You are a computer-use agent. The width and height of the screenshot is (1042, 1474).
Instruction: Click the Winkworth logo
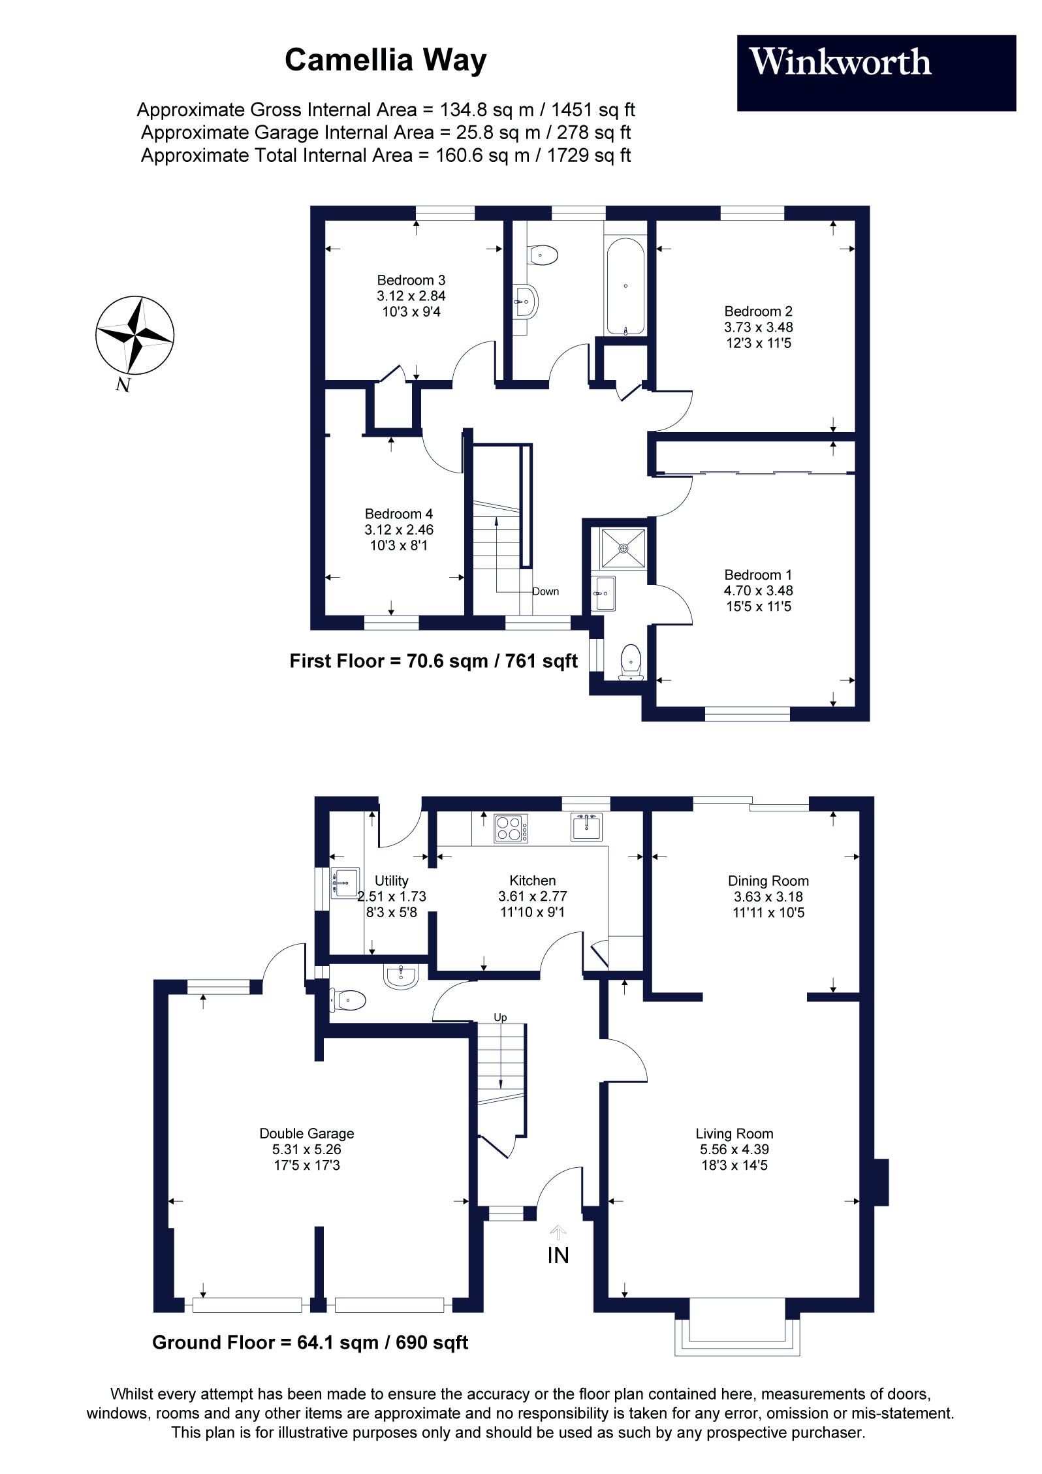pyautogui.click(x=840, y=63)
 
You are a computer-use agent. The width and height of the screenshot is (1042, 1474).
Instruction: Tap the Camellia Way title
pyautogui.click(x=385, y=61)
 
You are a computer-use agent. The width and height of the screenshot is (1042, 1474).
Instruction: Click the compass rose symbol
pyautogui.click(x=135, y=335)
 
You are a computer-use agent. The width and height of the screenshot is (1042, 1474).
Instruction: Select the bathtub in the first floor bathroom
pyautogui.click(x=625, y=287)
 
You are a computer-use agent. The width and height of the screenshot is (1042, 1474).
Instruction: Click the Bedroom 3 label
pyautogui.click(x=411, y=280)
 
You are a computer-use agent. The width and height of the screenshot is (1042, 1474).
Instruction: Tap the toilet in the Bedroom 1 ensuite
pyautogui.click(x=631, y=661)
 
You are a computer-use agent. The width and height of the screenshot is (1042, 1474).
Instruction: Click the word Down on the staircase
pyautogui.click(x=545, y=591)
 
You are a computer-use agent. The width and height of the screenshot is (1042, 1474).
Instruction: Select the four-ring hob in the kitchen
pyautogui.click(x=511, y=828)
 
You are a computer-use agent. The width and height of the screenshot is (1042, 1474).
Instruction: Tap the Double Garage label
pyautogui.click(x=307, y=1134)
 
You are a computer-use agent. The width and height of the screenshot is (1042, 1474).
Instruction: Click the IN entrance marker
pyautogui.click(x=558, y=1255)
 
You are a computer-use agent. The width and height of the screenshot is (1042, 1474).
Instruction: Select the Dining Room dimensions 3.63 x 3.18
pyautogui.click(x=768, y=897)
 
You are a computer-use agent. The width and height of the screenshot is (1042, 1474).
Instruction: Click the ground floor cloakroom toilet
pyautogui.click(x=349, y=999)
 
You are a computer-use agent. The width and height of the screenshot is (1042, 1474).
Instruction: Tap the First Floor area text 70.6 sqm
pyautogui.click(x=434, y=661)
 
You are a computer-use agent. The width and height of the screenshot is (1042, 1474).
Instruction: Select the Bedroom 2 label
pyautogui.click(x=758, y=311)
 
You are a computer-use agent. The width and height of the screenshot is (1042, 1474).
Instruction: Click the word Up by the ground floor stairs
pyautogui.click(x=500, y=1017)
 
